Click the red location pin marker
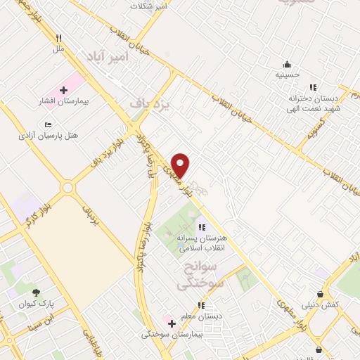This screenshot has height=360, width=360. coord(181,165)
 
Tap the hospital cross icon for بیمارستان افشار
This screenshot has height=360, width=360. coord(63,91)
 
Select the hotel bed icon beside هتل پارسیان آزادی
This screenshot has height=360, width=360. coord(48,124)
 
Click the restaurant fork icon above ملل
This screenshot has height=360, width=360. coord(59,39)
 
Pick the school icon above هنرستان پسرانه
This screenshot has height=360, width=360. coord(201,227)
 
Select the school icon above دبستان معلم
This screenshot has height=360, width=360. coord(201,306)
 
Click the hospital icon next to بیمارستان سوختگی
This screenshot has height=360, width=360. coord(172,323)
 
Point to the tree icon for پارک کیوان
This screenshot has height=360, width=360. coord(36,293)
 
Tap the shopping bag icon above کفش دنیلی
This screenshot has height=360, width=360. coord(321,294)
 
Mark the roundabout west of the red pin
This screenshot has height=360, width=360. coord(67,188)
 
